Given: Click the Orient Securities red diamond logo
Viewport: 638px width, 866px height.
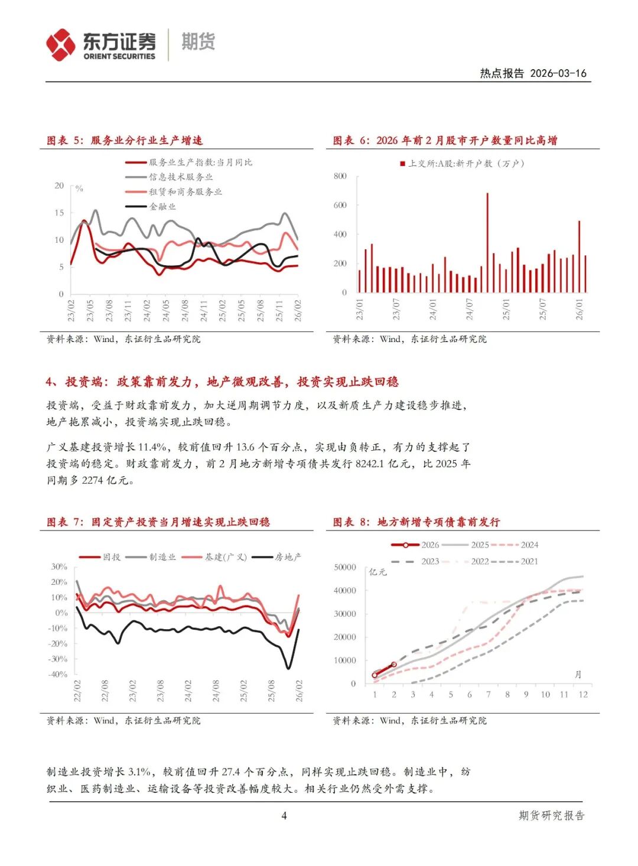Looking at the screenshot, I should pyautogui.click(x=60, y=45).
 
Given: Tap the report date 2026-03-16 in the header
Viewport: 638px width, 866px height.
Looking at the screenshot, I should pyautogui.click(x=558, y=73).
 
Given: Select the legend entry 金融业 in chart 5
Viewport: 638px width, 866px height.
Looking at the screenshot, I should pyautogui.click(x=162, y=207).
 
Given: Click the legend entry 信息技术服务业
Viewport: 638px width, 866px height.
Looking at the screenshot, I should pyautogui.click(x=181, y=177).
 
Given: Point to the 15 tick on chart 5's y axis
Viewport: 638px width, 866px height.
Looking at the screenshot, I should pyautogui.click(x=59, y=213).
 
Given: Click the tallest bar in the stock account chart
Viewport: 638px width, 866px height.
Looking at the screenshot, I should pyautogui.click(x=487, y=242).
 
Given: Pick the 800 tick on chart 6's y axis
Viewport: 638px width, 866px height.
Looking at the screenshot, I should pyautogui.click(x=340, y=176).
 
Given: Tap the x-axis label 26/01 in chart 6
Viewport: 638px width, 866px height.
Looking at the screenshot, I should pyautogui.click(x=579, y=309).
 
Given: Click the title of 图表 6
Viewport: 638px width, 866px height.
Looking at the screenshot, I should pyautogui.click(x=445, y=141).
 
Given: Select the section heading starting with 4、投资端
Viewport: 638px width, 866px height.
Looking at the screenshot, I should pyautogui.click(x=222, y=382).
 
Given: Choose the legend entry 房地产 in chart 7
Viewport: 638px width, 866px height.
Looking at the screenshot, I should pyautogui.click(x=288, y=557).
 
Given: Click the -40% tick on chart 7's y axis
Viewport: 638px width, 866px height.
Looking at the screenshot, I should pyautogui.click(x=58, y=674).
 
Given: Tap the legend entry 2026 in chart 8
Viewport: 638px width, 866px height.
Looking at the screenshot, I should pyautogui.click(x=429, y=545).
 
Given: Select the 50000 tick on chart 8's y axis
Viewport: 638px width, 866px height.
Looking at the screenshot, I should pyautogui.click(x=345, y=567).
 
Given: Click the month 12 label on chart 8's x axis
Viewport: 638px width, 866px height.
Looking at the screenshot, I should pyautogui.click(x=583, y=695).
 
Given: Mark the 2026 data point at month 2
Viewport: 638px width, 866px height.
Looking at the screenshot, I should pyautogui.click(x=394, y=665).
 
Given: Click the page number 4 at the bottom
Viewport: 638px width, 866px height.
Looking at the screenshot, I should pyautogui.click(x=284, y=816).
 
